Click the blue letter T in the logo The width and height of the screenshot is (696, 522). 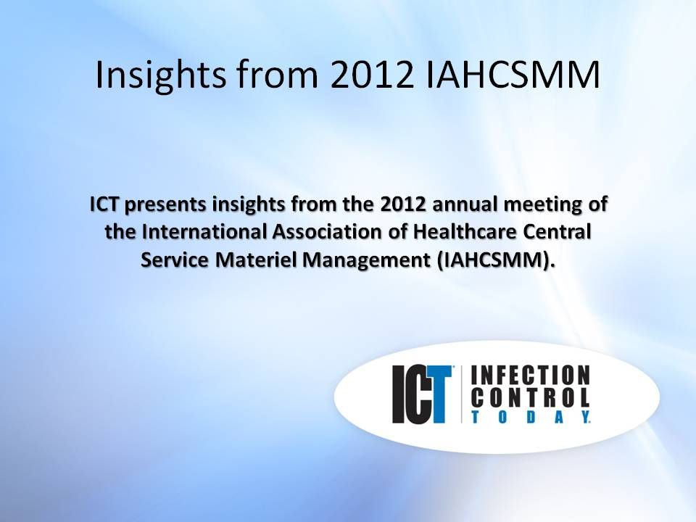438,395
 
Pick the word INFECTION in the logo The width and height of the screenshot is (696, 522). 531,376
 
